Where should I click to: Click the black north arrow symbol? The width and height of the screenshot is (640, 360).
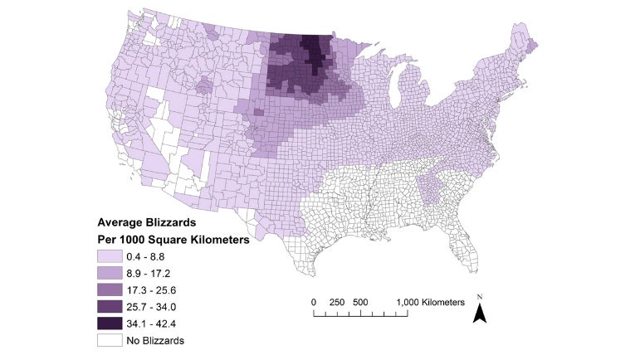pos(480,313)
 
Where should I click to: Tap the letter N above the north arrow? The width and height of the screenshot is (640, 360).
pos(480,296)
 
